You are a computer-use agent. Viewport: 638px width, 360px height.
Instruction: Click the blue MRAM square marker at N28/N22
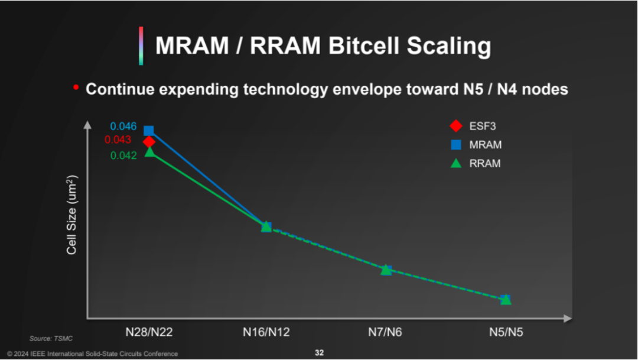point(149,131)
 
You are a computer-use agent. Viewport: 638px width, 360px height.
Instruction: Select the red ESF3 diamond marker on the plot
point(149,142)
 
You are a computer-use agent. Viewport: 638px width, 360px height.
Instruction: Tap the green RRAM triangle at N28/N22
point(149,152)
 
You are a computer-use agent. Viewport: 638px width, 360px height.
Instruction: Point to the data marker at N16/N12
point(266,226)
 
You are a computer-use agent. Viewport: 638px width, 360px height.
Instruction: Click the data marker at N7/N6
point(386,270)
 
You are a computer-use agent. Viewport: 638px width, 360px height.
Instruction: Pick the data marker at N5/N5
point(506,299)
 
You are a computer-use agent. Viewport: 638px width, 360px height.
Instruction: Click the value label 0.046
point(123,126)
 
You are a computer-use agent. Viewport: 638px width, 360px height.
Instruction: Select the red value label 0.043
point(118,140)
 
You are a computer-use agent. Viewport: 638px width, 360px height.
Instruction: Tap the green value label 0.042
point(123,155)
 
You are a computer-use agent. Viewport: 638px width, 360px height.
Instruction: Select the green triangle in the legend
point(456,163)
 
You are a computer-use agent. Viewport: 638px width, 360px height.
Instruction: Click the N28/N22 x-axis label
point(149,332)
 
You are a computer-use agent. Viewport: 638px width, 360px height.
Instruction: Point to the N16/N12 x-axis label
point(266,332)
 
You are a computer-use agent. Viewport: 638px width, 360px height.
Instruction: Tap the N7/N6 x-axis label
point(385,332)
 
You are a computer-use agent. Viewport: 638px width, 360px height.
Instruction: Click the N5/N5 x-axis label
point(506,332)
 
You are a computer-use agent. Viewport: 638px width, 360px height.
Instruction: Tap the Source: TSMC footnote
point(51,338)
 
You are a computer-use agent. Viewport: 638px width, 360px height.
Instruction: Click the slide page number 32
point(319,353)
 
